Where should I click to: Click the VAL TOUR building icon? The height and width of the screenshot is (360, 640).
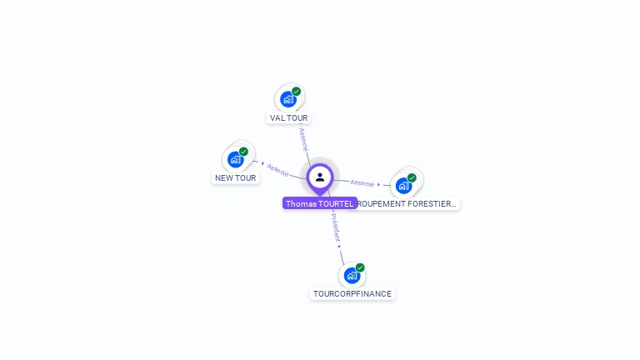point(288,99)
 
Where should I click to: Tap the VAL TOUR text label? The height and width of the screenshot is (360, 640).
point(289,118)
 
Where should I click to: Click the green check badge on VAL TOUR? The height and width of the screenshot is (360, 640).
point(297,92)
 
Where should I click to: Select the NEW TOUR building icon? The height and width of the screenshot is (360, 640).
point(236,159)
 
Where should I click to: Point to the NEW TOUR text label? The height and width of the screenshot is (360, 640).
point(236,178)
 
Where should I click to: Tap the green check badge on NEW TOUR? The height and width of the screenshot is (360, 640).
point(243,152)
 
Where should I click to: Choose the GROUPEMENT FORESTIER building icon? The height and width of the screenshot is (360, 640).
point(404,185)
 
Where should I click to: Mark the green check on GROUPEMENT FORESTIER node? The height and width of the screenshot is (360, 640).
point(412,177)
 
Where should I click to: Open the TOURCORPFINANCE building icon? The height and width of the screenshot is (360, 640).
point(352,275)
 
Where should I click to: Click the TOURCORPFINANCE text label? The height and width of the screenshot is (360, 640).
point(352,294)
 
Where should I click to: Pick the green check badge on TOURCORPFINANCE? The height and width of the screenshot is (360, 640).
point(360,267)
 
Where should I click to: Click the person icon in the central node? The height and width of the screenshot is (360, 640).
point(320,177)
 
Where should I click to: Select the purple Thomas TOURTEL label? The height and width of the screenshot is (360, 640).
point(320,203)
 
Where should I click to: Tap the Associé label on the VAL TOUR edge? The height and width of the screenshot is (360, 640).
point(303,138)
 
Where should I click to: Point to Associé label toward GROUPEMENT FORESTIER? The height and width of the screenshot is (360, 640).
point(362,182)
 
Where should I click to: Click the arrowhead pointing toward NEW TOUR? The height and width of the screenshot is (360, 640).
point(262,164)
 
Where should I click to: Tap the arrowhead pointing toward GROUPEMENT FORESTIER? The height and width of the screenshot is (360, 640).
point(379,184)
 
